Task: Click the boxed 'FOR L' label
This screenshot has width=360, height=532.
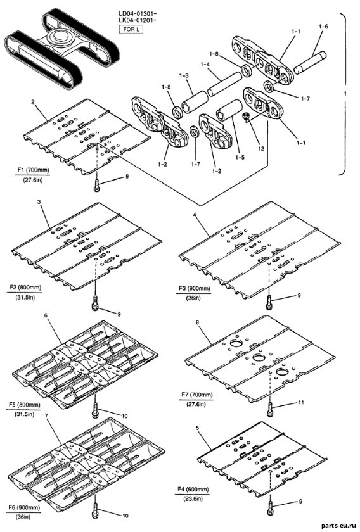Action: pos(131,29)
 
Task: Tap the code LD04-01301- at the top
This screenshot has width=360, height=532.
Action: pos(137,13)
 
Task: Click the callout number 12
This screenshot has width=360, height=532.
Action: pos(261,149)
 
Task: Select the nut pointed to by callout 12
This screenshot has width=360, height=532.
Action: pos(246,117)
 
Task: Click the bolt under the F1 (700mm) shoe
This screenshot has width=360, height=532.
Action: pos(97,185)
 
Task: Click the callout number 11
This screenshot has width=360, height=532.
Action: pos(301,402)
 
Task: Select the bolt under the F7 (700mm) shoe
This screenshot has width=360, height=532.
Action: pos(270,410)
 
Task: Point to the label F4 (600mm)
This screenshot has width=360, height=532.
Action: pos(193,490)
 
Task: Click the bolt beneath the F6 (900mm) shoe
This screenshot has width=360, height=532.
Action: pos(95,510)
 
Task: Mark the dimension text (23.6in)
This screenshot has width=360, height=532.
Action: pos(193,499)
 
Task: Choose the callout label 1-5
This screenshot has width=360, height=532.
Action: pos(241,158)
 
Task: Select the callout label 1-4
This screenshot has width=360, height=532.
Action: pos(205,63)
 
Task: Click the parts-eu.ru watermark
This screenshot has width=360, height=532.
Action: pos(339,525)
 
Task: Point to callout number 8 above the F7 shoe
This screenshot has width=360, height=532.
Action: pos(197,322)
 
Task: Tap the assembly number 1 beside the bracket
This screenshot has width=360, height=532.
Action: pos(345,94)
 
